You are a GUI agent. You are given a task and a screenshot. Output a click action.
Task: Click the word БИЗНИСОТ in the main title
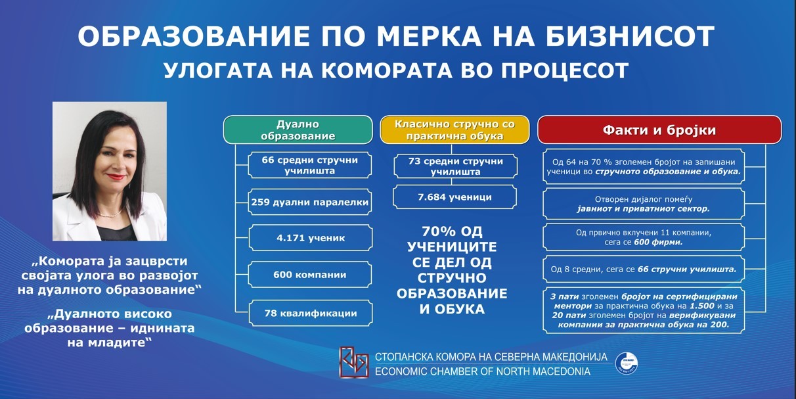(x=630, y=36)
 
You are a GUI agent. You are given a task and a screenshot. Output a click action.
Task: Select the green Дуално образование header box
(x=298, y=129)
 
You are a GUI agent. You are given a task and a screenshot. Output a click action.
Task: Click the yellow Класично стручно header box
(x=454, y=129)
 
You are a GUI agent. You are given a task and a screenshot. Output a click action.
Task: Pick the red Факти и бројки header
(x=659, y=129)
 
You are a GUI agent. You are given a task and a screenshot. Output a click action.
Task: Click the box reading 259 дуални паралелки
(x=310, y=202)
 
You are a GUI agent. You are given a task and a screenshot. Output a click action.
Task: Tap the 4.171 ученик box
(x=311, y=238)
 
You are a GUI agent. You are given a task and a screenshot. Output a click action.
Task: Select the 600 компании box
(x=310, y=275)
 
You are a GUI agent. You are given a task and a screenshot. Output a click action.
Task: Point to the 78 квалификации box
(x=311, y=314)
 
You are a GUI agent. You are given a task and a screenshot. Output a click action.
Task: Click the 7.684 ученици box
(x=455, y=197)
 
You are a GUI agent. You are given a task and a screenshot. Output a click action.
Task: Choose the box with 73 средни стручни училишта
(x=456, y=166)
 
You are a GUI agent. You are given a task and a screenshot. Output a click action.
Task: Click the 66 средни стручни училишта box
(x=310, y=165)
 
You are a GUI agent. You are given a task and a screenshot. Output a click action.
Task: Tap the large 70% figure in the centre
(x=439, y=231)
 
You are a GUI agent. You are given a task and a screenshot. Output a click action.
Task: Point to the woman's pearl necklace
(x=110, y=214)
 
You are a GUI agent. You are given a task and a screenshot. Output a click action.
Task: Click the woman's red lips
(x=116, y=176)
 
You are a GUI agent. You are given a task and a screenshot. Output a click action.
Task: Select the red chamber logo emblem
(x=353, y=362)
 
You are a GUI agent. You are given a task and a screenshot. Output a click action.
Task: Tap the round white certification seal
(x=627, y=363)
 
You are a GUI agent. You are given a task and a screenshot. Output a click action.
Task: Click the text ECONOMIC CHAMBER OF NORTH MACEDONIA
(x=483, y=371)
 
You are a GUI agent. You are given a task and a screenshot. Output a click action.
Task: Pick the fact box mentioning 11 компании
(x=644, y=237)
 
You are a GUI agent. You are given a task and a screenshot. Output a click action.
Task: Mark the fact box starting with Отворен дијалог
(x=644, y=204)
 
